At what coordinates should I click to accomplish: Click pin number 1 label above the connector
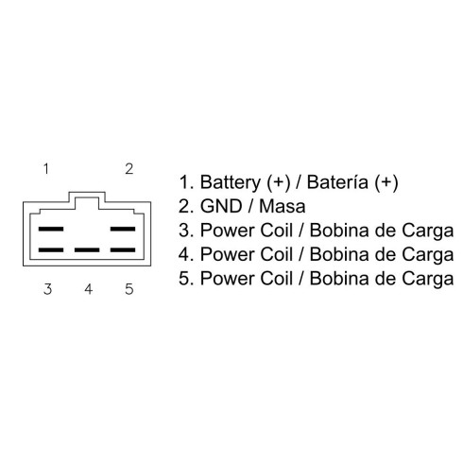coord(46,169)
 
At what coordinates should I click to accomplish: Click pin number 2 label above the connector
coord(129,169)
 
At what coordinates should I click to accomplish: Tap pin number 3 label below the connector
coord(47,289)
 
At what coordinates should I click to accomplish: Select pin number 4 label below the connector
coord(89,289)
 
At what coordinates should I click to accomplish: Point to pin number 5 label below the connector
coord(129,289)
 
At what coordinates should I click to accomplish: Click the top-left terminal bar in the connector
coord(51,229)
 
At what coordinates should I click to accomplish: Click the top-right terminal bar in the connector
coord(123,229)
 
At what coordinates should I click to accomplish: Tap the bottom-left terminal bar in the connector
coord(51,250)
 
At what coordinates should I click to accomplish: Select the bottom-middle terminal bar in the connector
coord(87,250)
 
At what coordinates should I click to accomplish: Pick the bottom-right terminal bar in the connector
coord(123,250)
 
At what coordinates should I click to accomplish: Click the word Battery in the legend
coord(231,182)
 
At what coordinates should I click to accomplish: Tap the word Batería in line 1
coord(337,182)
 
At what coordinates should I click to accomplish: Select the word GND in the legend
coord(221,206)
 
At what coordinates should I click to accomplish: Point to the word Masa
coord(283,206)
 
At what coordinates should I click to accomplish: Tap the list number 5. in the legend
coord(186,278)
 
